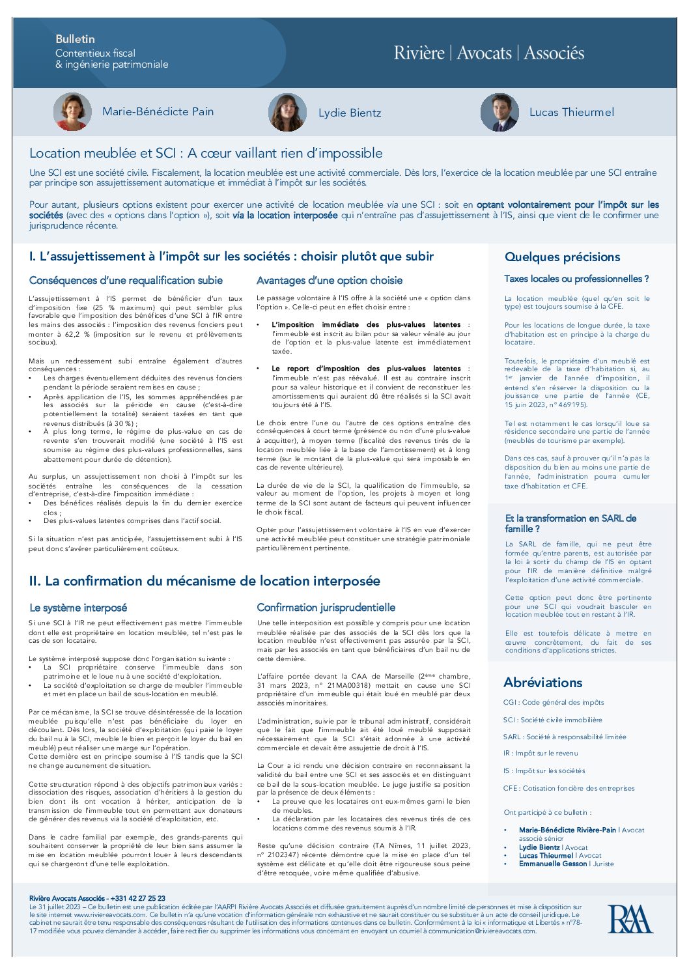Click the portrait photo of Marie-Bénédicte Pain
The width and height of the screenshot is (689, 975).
pos(72,112)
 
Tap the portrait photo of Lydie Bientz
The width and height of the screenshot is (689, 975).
pos(287,113)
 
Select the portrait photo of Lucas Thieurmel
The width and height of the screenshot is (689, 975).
pos(499,113)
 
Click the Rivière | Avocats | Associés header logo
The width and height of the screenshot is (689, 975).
pos(488,53)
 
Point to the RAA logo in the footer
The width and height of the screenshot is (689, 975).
pos(629,919)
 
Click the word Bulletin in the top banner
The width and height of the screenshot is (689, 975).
pos(75,39)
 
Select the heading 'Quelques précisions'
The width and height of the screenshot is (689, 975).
pos(562,257)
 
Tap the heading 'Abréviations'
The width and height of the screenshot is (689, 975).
pos(542,683)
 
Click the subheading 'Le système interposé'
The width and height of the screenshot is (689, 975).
pos(78,608)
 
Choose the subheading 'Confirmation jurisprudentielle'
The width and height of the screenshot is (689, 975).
pos(326,608)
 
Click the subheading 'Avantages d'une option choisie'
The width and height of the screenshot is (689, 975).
pos(329,281)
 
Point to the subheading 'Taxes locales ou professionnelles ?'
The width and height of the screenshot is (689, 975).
pos(576,279)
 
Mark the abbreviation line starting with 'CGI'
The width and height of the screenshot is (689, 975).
pos(554,702)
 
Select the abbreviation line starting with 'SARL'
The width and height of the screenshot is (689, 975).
pos(565,737)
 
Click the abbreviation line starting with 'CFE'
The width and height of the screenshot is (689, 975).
pos(569,788)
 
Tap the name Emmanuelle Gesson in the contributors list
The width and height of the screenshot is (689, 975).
pos(553,864)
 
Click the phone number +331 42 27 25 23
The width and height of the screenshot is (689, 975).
pos(138,898)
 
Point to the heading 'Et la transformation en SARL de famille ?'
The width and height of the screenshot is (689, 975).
pos(570,524)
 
